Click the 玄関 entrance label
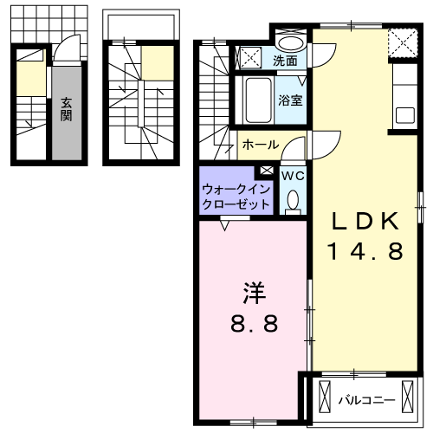pyautogui.click(x=66, y=110)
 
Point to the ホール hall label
pyautogui.click(x=260, y=144)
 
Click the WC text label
pyautogui.click(x=293, y=175)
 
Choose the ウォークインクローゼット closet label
pyautogui.click(x=235, y=196)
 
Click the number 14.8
pyautogui.click(x=365, y=252)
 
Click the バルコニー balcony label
pyautogui.click(x=366, y=401)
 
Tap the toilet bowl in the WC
pyautogui.click(x=292, y=200)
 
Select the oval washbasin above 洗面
pyautogui.click(x=290, y=43)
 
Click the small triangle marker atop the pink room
pyautogui.click(x=226, y=224)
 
